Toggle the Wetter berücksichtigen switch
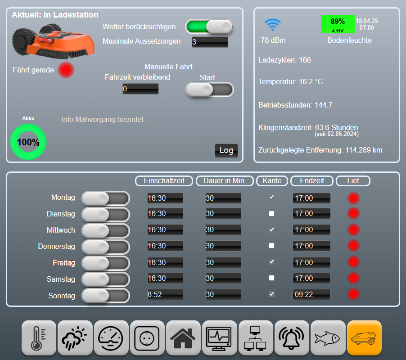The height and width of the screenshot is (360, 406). (x=209, y=27)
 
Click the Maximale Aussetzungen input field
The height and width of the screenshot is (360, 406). (x=210, y=42)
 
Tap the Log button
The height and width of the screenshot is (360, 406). (x=226, y=150)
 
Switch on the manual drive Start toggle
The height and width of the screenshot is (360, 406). (x=209, y=90)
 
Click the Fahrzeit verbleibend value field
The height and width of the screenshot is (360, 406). (x=140, y=89)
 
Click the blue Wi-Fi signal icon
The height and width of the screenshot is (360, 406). (x=273, y=25)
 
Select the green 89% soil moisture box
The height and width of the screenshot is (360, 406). (x=338, y=24)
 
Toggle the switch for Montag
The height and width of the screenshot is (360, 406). (x=106, y=198)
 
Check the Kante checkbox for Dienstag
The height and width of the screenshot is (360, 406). (x=271, y=213)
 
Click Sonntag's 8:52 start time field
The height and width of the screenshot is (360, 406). (x=165, y=294)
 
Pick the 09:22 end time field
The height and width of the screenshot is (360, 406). (x=311, y=294)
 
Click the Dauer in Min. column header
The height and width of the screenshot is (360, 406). (x=225, y=180)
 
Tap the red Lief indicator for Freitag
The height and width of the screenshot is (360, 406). (x=353, y=262)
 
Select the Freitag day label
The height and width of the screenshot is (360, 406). (x=64, y=263)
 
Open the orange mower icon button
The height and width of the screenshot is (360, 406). (x=364, y=338)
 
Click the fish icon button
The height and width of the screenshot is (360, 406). (x=328, y=338)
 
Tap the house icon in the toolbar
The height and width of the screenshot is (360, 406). (x=183, y=338)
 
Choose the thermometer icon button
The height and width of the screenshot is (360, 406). (x=39, y=338)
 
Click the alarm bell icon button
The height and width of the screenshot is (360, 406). (x=292, y=338)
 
